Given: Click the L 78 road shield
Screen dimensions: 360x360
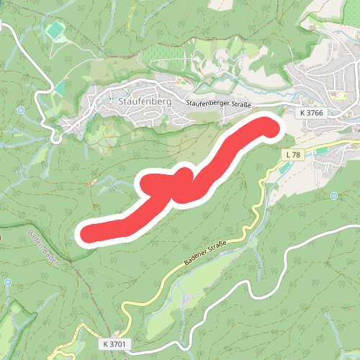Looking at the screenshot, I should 292,155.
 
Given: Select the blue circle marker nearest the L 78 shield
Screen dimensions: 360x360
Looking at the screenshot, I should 334,196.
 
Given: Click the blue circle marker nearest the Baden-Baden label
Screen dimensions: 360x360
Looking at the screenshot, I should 7,282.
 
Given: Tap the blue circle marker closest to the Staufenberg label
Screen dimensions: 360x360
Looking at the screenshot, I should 21,109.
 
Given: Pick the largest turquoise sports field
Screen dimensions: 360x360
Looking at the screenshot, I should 53,31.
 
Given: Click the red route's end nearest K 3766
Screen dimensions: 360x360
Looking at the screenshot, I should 269,127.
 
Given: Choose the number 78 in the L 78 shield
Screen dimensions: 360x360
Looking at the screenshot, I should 294,155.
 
